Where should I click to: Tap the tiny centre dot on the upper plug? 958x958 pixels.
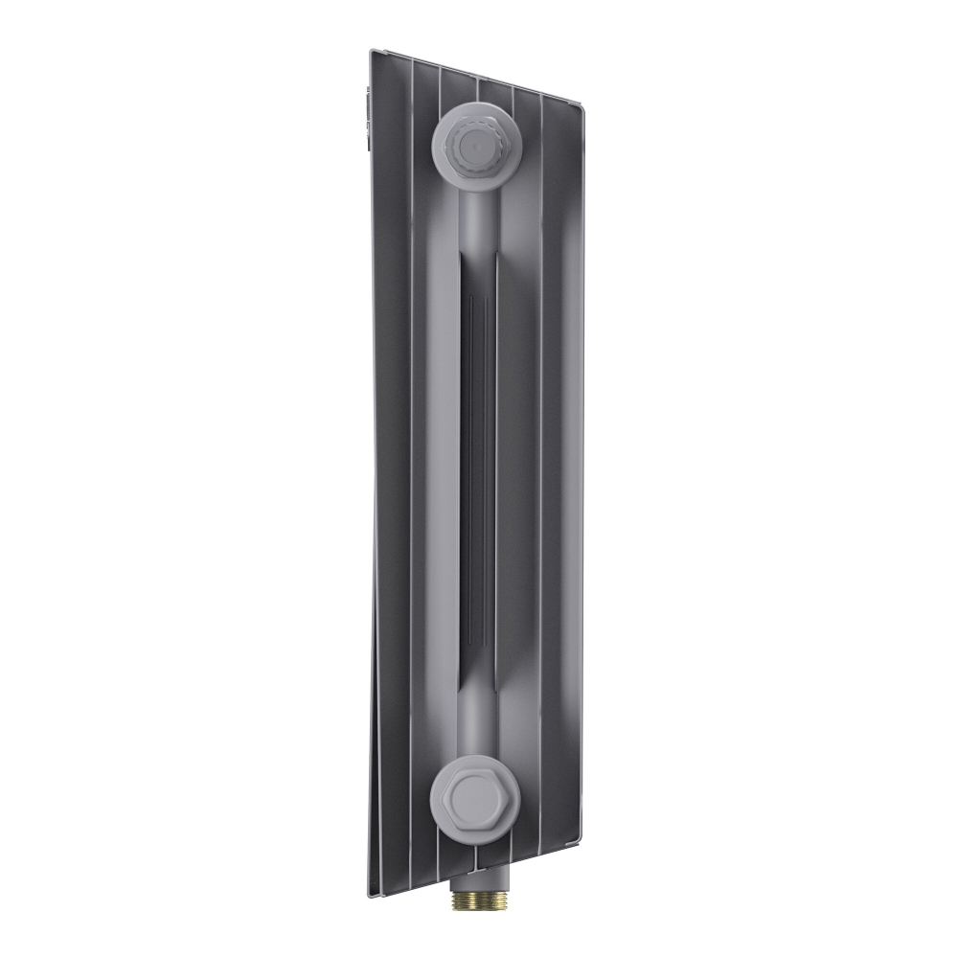click(469, 146)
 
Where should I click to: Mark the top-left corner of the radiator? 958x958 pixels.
click(372, 51)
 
